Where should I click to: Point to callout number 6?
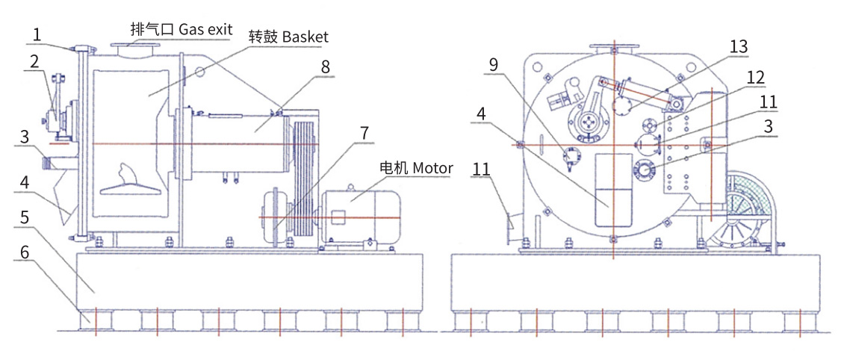(x=25, y=253)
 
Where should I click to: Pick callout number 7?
(x=364, y=134)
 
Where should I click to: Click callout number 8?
(x=325, y=66)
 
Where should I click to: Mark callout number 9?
(x=494, y=64)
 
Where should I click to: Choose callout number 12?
(x=755, y=77)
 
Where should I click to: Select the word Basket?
(x=305, y=37)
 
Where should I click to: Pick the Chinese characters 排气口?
(x=152, y=30)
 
